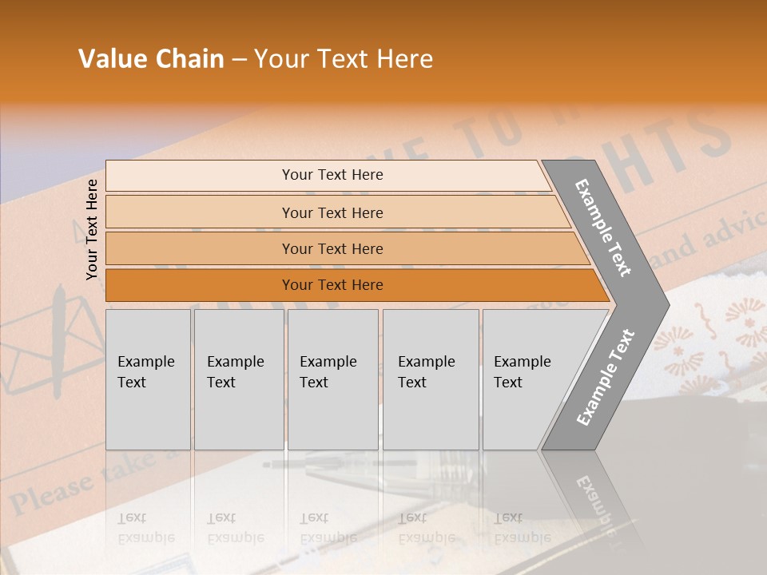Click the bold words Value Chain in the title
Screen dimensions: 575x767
tap(151, 59)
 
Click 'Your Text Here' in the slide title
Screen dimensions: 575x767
tap(344, 59)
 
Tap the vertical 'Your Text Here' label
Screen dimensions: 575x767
tap(92, 229)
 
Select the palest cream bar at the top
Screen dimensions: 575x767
tap(332, 175)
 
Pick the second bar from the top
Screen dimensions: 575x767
tap(332, 212)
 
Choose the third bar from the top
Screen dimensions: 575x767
tap(332, 248)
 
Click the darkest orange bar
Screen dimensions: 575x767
tap(332, 285)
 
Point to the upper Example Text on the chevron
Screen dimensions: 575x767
tap(603, 228)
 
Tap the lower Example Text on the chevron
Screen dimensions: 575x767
tap(606, 377)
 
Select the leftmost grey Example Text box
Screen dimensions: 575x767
tap(148, 379)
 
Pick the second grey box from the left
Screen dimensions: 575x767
tap(238, 379)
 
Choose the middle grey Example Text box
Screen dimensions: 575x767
tap(332, 379)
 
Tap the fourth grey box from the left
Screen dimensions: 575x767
tap(430, 379)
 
